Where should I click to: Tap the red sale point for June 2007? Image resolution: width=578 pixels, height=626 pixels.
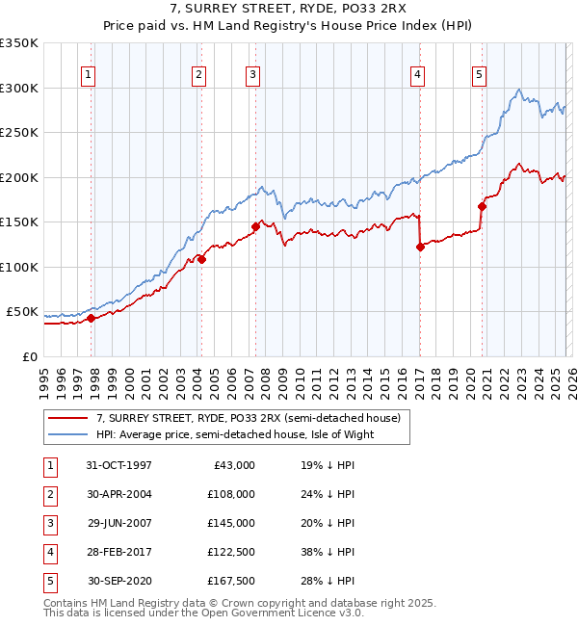[255, 226]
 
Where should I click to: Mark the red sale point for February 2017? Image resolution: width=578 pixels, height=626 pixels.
[420, 247]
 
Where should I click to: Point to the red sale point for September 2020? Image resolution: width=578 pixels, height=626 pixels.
[482, 205]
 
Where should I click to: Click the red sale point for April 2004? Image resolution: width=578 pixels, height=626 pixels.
[201, 259]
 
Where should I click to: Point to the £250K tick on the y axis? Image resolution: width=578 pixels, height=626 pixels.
[19, 133]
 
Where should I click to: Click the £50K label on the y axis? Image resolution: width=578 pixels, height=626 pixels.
[22, 312]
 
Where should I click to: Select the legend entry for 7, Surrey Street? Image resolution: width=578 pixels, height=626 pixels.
[253, 417]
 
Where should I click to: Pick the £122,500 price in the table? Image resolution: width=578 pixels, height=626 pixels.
[230, 552]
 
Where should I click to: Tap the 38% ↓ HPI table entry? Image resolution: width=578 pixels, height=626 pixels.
[328, 552]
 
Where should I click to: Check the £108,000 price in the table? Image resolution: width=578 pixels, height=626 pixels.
[230, 494]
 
